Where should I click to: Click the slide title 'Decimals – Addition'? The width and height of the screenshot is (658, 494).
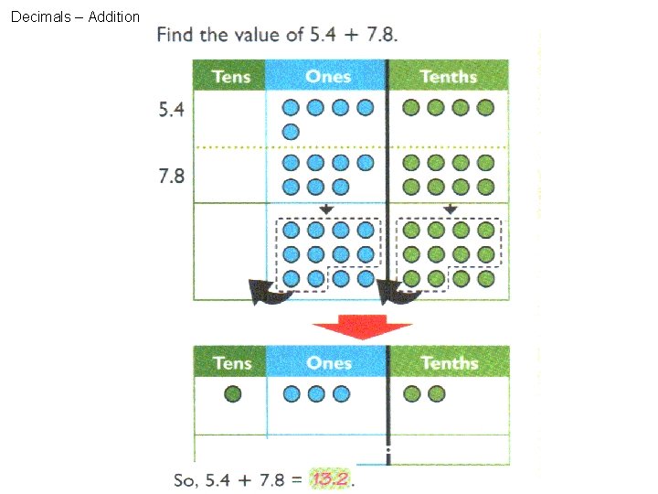click(x=75, y=16)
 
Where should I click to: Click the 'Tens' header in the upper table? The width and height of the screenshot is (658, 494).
click(x=231, y=76)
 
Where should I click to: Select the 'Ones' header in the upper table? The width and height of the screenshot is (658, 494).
click(x=328, y=76)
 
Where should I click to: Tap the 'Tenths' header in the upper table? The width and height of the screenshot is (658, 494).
click(x=448, y=76)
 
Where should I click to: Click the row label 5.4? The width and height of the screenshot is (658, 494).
click(x=172, y=110)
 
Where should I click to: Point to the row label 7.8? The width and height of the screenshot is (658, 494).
click(x=172, y=175)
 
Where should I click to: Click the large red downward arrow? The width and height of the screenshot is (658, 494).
click(x=362, y=328)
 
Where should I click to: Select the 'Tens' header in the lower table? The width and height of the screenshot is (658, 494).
click(x=231, y=362)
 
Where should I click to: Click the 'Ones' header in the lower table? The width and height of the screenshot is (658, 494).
click(x=328, y=362)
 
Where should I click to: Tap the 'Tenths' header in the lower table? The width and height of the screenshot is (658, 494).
click(x=449, y=362)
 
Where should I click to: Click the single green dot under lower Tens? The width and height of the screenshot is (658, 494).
click(x=232, y=394)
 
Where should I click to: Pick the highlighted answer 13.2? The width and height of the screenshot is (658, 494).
click(x=332, y=479)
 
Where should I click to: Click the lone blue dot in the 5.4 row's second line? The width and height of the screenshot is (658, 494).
click(x=291, y=132)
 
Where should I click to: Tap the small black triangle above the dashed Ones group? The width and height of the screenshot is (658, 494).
click(x=327, y=209)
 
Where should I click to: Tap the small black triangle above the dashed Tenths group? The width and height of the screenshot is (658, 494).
click(x=450, y=209)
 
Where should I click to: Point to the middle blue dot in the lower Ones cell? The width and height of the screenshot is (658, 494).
click(x=316, y=394)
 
